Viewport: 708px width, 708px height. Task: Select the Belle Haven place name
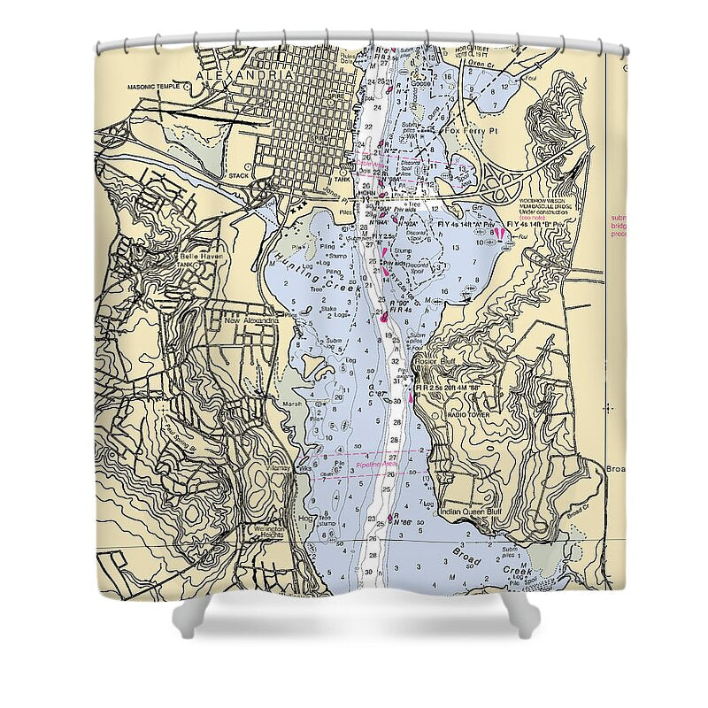pos(201,255)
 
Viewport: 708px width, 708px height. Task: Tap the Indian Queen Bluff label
pos(474,512)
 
